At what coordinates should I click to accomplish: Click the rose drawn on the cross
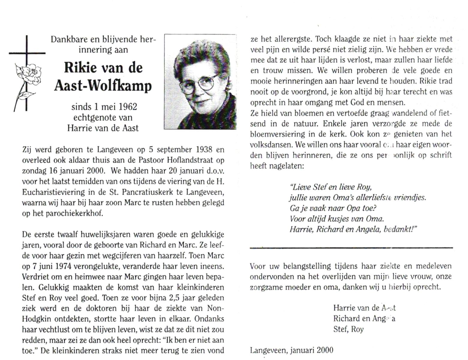click(28, 73)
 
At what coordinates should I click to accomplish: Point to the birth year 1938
click(204, 149)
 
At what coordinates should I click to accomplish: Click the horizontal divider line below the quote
click(351, 248)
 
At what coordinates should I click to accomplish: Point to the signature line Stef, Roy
click(348, 329)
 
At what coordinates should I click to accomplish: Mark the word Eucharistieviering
click(56, 192)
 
